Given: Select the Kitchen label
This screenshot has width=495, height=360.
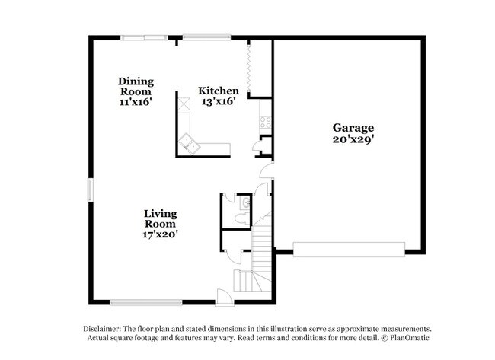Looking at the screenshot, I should (x=218, y=91).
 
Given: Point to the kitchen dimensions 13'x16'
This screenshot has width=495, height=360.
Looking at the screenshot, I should (x=218, y=102).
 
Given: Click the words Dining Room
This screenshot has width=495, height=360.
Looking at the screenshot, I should (x=136, y=86).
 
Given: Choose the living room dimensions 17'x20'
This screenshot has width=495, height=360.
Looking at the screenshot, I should (x=161, y=235).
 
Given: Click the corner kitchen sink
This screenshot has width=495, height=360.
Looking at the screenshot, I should (x=189, y=142).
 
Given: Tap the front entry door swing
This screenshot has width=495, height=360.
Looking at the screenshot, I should (x=223, y=295).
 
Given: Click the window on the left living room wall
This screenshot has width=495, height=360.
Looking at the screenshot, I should (x=90, y=189).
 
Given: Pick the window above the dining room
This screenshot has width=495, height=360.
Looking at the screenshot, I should (x=145, y=37).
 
